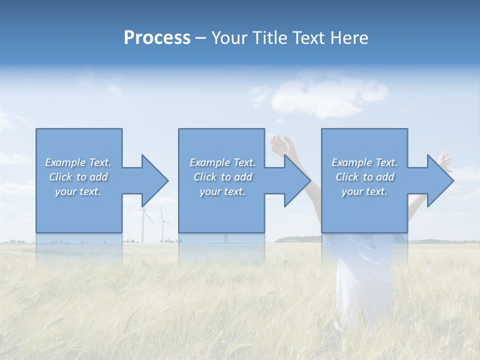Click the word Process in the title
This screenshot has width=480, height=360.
point(157,38)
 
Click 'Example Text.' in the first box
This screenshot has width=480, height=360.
point(78,162)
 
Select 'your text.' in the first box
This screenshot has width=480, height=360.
point(78,191)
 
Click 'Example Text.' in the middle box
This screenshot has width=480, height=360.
point(222,162)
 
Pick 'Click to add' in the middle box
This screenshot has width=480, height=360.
point(222,177)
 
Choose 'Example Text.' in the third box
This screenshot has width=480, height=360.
point(364,162)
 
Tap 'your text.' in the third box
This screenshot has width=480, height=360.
point(364,191)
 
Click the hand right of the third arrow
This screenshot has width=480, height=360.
point(444,160)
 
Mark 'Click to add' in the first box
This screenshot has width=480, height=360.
point(78,177)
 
